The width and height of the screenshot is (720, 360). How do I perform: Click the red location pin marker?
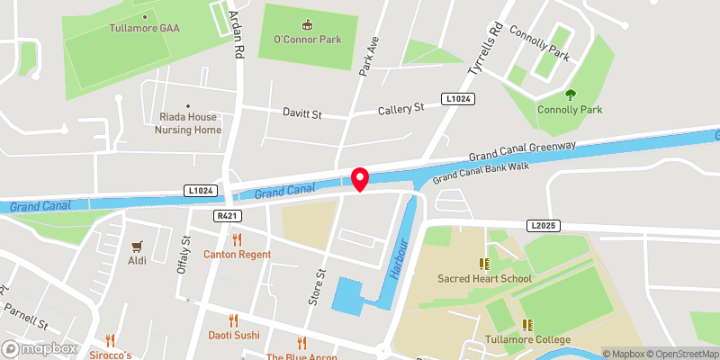coord(360,179)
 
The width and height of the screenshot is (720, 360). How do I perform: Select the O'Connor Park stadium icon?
coord(308,24)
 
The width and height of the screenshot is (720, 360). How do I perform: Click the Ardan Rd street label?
coord(238,36)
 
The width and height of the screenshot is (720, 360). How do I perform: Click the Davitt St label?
coord(301,114)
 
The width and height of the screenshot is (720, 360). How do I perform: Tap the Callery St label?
coord(400,109)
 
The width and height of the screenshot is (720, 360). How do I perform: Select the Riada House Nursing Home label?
coord(188,123)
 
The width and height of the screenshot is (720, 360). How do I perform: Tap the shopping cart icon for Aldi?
coord(138,245)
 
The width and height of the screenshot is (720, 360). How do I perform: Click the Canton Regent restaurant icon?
coord(238,239)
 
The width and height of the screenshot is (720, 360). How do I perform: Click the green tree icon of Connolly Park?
coord(569,94)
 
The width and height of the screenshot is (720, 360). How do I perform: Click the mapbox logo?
coord(40,348)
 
